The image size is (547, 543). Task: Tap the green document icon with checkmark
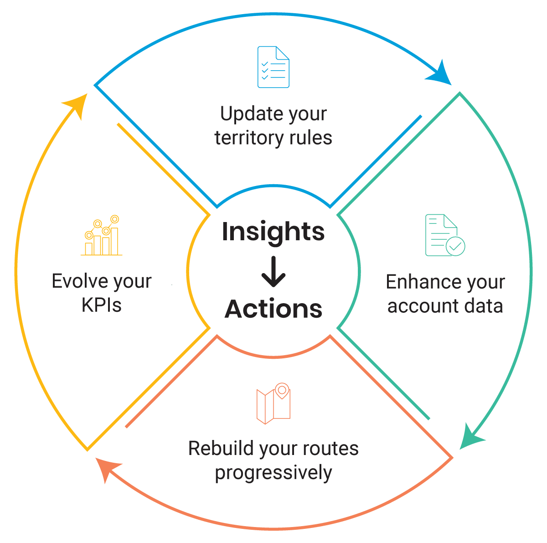tap(444, 235)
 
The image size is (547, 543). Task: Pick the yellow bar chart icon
tap(102, 236)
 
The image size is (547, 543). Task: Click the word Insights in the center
tap(273, 231)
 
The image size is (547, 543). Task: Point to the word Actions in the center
tap(273, 309)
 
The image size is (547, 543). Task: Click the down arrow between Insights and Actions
tap(273, 272)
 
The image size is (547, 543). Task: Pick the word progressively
tap(273, 473)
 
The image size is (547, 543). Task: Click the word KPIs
tap(102, 305)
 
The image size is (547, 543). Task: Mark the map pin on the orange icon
tap(283, 390)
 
